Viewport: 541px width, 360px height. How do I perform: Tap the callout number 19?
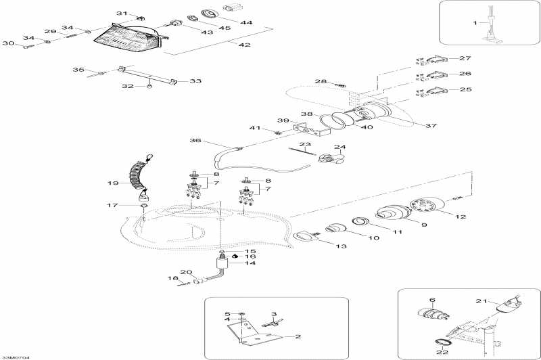point(113,183)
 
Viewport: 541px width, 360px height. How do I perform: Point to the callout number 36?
point(196,141)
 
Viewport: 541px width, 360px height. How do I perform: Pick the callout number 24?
point(339,147)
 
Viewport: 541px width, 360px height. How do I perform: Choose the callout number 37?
point(430,125)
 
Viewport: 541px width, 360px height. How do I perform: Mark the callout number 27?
point(465,58)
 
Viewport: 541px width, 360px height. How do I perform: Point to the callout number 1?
point(475,23)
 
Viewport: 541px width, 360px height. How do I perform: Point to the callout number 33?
point(195,81)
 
